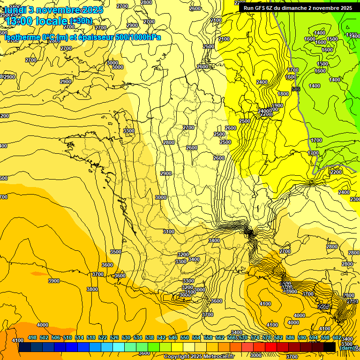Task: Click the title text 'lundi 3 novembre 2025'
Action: tap(47, 10)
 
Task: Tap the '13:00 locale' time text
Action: tap(35, 21)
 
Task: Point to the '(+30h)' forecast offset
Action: tap(81, 21)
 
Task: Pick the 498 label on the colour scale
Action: tap(32, 338)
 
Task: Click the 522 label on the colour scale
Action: tap(103, 338)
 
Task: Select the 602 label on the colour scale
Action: tap(337, 338)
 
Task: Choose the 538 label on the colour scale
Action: tap(150, 338)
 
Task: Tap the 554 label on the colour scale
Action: tap(196, 338)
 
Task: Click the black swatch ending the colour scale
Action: tap(330, 347)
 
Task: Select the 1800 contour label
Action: tap(283, 94)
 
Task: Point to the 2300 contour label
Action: tap(355, 199)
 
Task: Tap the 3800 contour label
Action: tap(92, 289)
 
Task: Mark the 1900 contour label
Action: tap(277, 106)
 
